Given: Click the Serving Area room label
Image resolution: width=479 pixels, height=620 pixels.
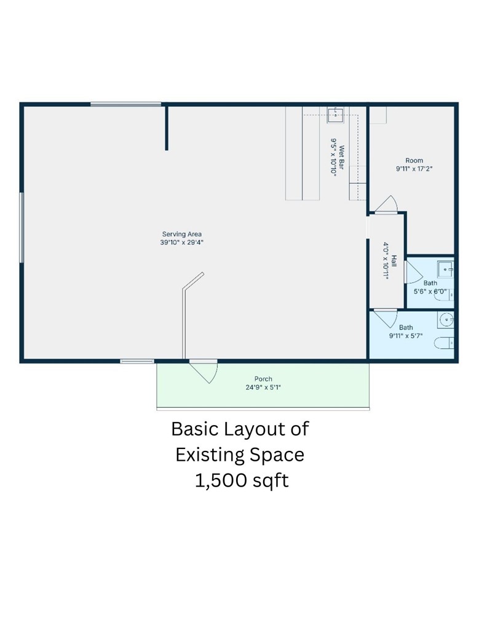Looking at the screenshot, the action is (182, 234).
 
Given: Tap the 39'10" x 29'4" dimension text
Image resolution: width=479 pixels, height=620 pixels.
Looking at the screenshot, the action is (182, 242).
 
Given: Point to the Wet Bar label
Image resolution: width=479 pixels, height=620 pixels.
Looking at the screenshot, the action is (341, 157).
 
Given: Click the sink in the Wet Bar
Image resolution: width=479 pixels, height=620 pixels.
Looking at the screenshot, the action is (335, 115).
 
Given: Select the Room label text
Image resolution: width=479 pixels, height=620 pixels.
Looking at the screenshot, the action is (414, 161).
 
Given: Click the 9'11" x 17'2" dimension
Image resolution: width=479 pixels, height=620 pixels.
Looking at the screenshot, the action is (414, 169).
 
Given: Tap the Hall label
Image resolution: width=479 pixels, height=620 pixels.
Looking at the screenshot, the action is (394, 261).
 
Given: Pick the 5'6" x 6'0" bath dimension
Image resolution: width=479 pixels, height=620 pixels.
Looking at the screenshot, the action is (430, 292).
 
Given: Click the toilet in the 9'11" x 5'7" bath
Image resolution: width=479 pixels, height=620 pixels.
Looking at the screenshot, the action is (444, 343).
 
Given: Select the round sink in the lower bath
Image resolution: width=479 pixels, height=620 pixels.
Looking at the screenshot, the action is (446, 319).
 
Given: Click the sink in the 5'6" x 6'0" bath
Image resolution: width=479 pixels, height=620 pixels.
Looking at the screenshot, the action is (445, 269).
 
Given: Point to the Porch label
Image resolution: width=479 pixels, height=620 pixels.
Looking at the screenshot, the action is (263, 379).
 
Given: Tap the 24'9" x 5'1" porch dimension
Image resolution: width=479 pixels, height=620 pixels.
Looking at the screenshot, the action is (263, 387).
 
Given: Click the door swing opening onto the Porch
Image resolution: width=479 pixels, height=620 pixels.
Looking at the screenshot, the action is (204, 372).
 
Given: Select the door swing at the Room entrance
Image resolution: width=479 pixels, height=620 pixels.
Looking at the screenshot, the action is (387, 204).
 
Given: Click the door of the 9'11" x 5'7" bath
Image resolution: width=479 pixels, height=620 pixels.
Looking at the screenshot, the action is (386, 319).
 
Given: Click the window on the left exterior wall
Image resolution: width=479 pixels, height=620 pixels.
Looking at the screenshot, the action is (22, 228).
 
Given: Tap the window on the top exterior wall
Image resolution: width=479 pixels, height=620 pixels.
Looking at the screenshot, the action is (125, 105).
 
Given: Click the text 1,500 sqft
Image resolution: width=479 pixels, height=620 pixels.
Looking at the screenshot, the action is (242, 481).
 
